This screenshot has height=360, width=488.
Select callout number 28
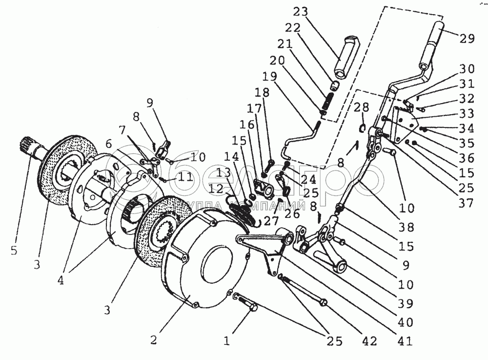(362, 107)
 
